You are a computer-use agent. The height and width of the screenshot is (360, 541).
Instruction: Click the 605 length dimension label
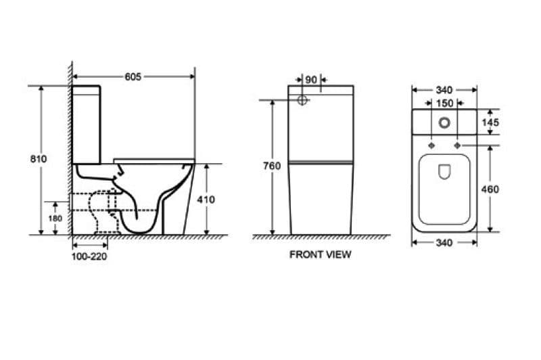point(133,76)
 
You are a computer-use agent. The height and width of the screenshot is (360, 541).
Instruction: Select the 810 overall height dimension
point(39,159)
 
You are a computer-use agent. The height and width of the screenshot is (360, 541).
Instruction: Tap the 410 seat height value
point(206,200)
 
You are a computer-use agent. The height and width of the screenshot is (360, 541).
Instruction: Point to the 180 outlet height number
point(55,219)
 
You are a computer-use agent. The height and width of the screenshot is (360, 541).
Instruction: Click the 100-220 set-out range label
point(89,256)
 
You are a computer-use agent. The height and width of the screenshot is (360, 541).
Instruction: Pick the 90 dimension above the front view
point(311,80)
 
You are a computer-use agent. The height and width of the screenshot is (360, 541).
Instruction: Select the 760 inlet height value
point(272,166)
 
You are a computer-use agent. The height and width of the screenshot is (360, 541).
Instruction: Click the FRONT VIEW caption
point(320,254)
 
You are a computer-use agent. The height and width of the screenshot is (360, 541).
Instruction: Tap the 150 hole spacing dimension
point(444,104)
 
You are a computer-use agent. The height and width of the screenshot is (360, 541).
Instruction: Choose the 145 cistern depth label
point(490,122)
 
